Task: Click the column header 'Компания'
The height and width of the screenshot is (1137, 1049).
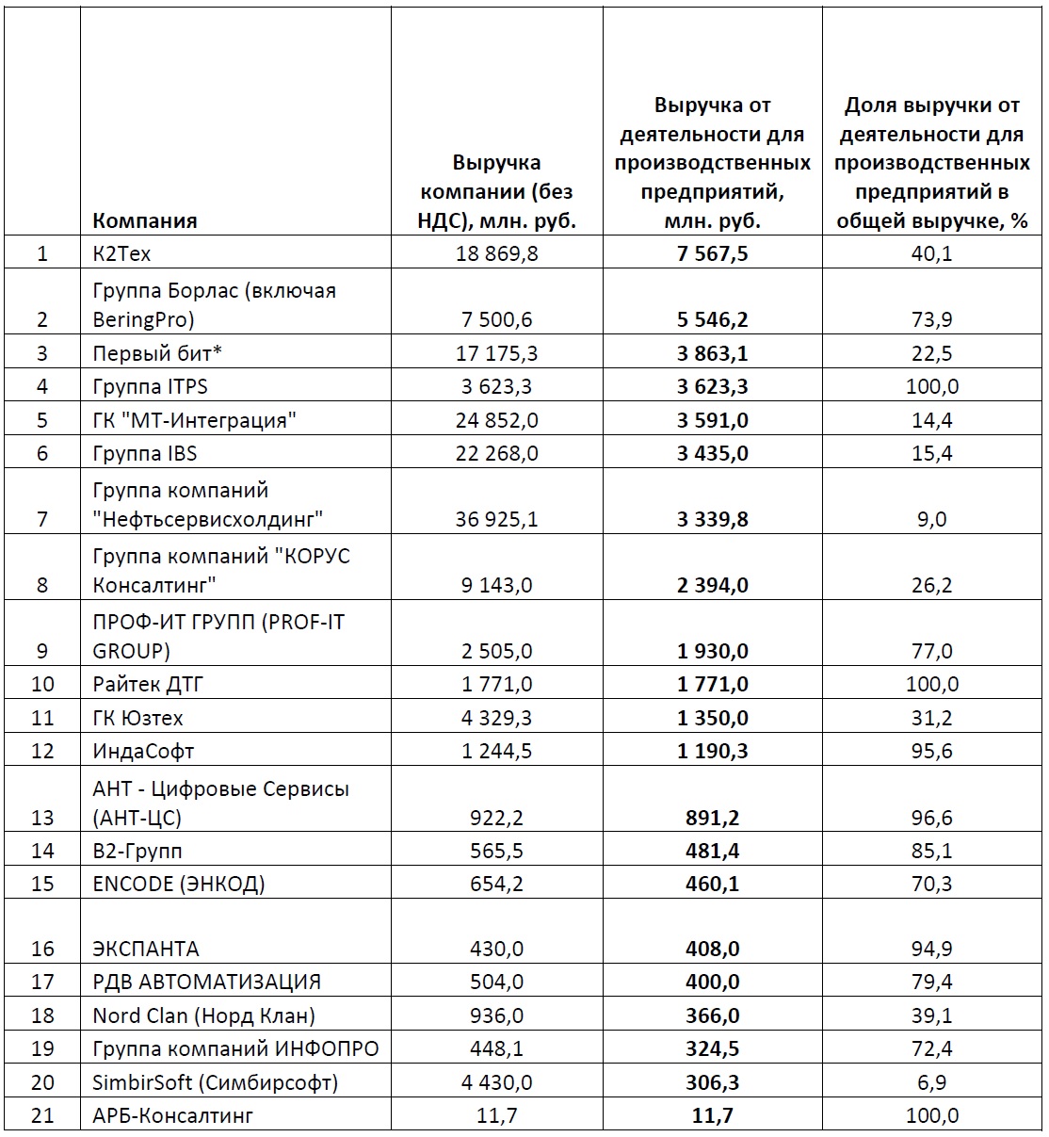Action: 145,221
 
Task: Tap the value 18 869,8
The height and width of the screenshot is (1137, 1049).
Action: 496,253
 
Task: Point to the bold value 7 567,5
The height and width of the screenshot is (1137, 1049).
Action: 712,253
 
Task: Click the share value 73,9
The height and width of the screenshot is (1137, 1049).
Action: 931,319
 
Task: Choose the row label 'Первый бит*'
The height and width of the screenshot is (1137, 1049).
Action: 148,353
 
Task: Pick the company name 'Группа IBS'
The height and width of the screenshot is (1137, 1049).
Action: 145,453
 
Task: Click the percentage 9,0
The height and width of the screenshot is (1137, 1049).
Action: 931,519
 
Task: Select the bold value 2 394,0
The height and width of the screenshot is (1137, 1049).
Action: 712,585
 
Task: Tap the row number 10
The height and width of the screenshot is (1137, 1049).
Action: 42,684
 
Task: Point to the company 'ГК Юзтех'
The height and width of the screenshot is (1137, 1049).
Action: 137,718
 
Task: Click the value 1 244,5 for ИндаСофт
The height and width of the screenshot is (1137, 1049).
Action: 496,751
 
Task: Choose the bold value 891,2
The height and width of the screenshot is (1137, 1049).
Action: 712,818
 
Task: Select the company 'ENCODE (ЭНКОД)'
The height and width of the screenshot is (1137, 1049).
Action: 179,884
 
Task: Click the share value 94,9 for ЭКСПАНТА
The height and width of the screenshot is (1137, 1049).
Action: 931,949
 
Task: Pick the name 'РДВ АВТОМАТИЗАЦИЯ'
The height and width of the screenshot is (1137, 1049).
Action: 206,982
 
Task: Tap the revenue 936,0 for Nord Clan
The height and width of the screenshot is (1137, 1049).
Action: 496,1015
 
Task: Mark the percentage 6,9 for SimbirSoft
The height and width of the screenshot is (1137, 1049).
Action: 931,1082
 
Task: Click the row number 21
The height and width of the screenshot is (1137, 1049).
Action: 42,1116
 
